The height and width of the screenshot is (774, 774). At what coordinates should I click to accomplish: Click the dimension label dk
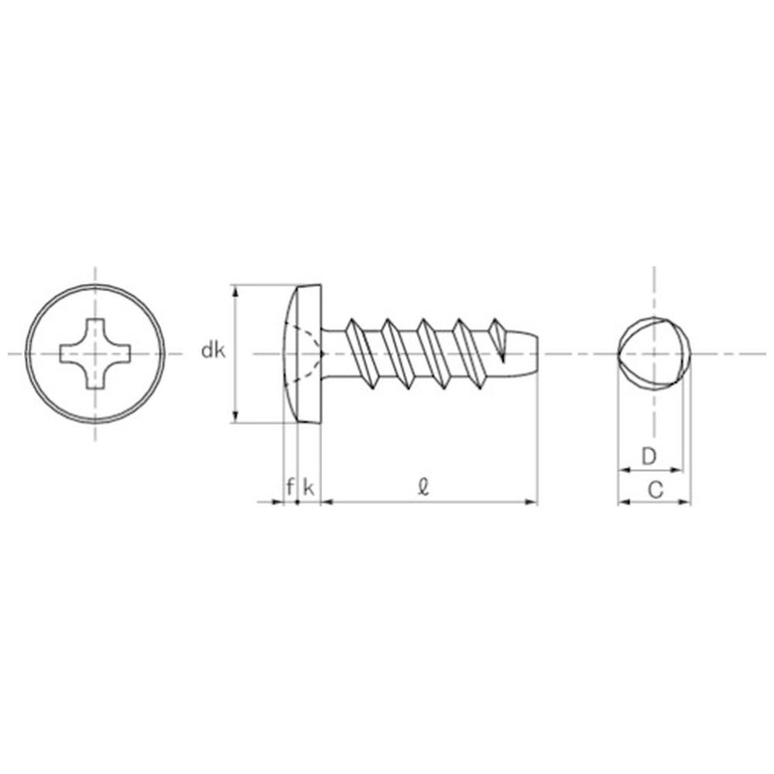[214, 351]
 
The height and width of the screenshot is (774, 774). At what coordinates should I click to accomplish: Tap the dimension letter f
[290, 487]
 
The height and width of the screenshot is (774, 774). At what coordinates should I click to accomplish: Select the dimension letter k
[309, 488]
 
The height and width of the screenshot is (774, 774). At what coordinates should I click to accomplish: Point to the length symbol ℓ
[423, 487]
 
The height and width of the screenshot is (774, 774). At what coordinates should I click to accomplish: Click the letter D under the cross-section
[649, 457]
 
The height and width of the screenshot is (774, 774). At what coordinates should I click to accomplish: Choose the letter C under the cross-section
[655, 490]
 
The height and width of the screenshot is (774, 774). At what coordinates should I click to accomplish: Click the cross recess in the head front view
[95, 354]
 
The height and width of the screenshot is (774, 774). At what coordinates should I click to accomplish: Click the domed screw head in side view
[302, 354]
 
